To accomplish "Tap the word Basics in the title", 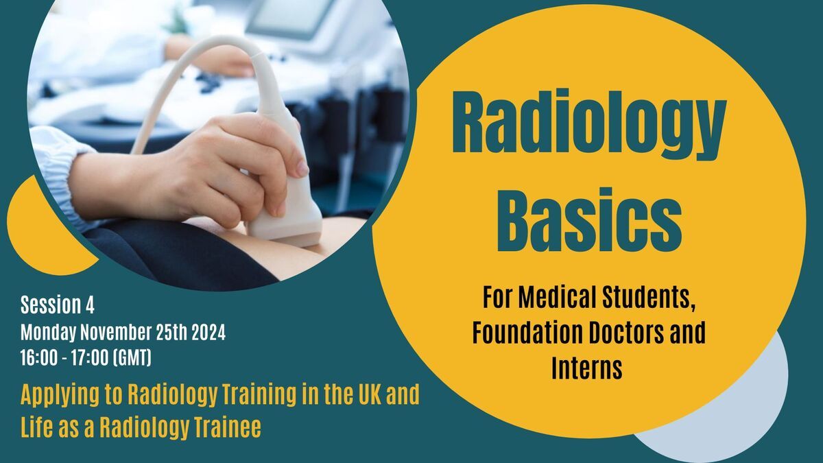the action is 589,219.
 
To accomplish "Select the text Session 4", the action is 58,305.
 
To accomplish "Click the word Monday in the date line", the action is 48,333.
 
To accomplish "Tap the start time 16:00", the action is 39,357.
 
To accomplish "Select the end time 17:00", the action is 90,357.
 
